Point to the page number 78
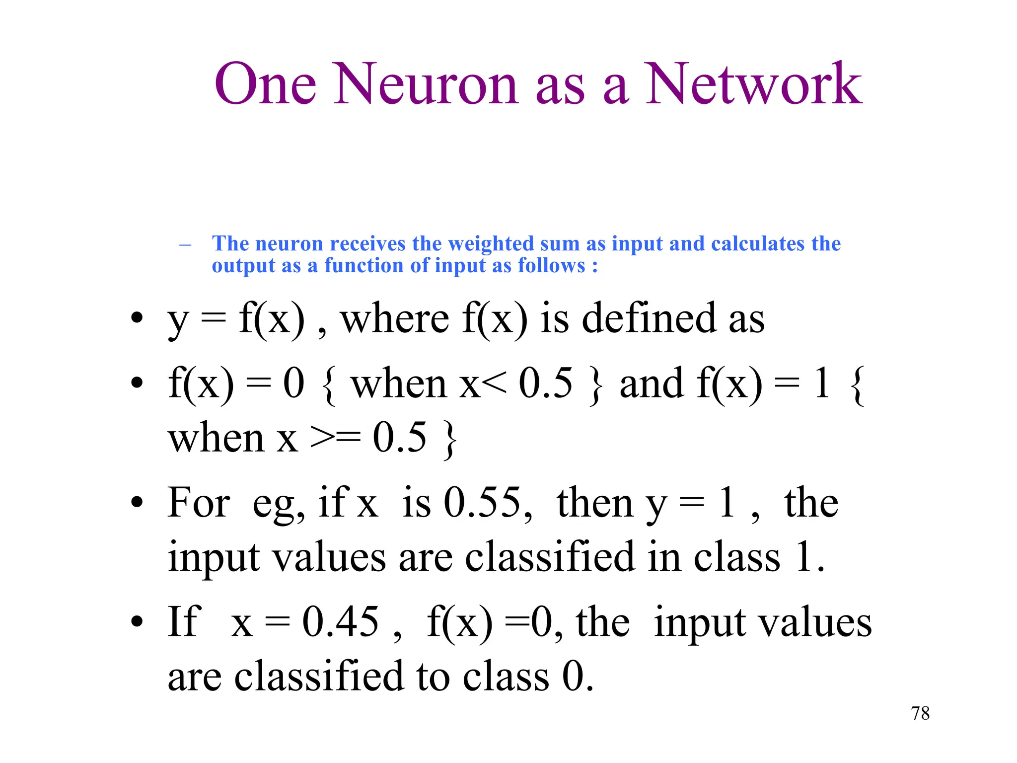(920, 713)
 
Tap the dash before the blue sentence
(185, 244)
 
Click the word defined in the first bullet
(649, 318)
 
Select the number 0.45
(341, 621)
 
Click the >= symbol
(335, 438)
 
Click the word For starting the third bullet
(199, 503)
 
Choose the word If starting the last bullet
(184, 621)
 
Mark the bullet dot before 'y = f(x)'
(137, 318)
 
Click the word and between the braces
(652, 384)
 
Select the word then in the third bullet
(594, 503)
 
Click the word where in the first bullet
(395, 318)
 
